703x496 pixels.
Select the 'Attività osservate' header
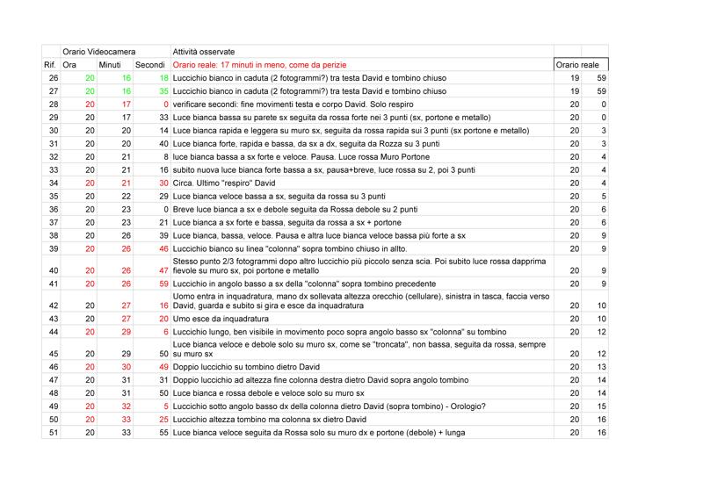[x=203, y=52]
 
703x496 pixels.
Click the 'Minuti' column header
[x=110, y=65]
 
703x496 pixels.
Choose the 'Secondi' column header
[x=149, y=65]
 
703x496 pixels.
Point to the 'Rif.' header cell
[x=50, y=65]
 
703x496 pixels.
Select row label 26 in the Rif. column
[x=53, y=78]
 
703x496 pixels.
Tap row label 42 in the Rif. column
[x=53, y=305]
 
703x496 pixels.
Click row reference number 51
[x=53, y=433]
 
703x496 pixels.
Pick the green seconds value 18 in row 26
[x=163, y=78]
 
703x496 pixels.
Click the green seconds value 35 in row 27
[x=163, y=91]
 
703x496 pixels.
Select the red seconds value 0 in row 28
[x=165, y=104]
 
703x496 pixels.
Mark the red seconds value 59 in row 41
[x=163, y=284]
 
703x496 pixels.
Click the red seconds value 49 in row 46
[x=163, y=366]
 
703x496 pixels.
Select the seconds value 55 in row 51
[x=163, y=433]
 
